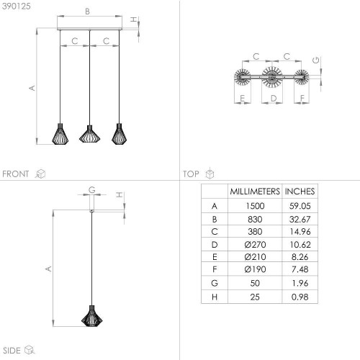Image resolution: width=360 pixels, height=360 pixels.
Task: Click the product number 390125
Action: (17, 6)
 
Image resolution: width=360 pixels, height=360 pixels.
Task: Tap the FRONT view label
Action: (16, 174)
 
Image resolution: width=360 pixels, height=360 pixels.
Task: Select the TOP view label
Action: (191, 174)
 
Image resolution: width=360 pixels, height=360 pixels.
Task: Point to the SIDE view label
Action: (12, 351)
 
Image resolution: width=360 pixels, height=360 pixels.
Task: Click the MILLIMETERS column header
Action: (255, 192)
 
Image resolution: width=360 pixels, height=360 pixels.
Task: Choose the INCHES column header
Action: (300, 192)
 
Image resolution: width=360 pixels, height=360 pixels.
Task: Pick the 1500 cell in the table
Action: (255, 206)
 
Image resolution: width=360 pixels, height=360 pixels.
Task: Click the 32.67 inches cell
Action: (300, 219)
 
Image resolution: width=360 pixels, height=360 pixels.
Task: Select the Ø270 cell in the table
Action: (255, 245)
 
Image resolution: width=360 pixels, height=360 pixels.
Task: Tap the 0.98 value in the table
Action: (300, 297)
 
